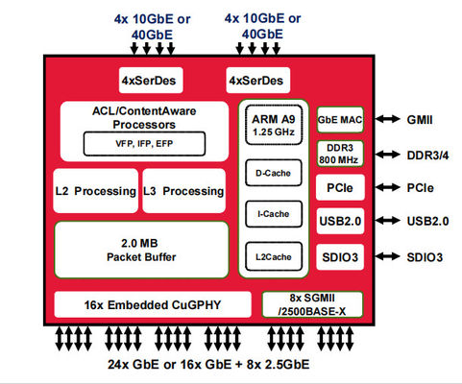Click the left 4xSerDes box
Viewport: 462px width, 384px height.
coord(147,80)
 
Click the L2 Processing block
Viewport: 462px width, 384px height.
coord(96,191)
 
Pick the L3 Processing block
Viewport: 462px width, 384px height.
coord(183,191)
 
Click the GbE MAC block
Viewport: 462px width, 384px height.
coord(339,119)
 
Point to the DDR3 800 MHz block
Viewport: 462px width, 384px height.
coord(339,153)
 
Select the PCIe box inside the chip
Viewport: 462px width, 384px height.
coord(339,188)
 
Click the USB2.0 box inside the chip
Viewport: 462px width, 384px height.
coord(339,223)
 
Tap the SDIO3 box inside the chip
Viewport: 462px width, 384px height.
coord(339,257)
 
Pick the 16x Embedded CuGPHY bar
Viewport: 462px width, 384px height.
coord(153,305)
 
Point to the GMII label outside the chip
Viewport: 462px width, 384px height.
coord(424,119)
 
